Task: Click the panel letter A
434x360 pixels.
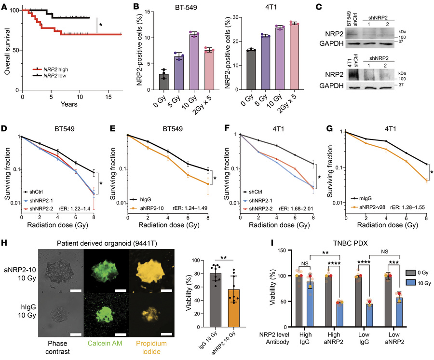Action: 5,5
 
